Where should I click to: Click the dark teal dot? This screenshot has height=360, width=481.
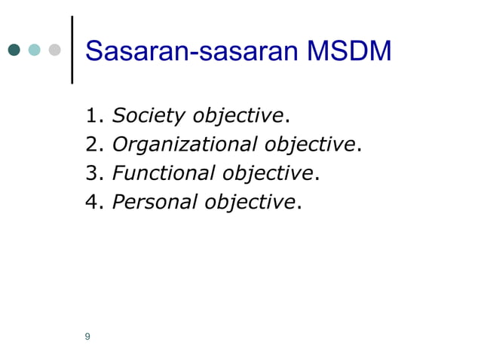[x=14, y=50]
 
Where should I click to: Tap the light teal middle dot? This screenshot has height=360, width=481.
[x=34, y=50]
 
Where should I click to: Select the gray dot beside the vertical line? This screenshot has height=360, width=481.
[x=54, y=50]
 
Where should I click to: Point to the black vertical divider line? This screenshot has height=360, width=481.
[x=72, y=50]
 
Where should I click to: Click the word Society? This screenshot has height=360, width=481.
[x=149, y=117]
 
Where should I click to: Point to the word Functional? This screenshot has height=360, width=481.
[x=163, y=173]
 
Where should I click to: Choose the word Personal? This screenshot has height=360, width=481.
[x=155, y=202]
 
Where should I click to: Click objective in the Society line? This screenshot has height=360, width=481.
[x=238, y=117]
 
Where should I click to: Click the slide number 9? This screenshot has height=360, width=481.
[x=88, y=337]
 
